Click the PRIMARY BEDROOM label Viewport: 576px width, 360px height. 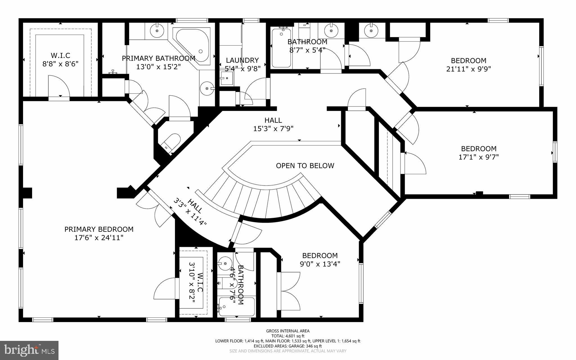click(x=99, y=229)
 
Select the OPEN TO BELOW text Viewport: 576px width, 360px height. click(x=305, y=166)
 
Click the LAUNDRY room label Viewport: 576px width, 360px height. click(x=242, y=60)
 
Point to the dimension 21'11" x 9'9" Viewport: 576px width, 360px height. click(x=469, y=69)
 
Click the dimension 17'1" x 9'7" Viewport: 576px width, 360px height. click(x=479, y=157)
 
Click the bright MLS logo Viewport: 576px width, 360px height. click(x=29, y=350)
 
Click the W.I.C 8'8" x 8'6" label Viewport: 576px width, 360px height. click(x=60, y=60)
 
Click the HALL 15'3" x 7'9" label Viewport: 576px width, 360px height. click(x=273, y=124)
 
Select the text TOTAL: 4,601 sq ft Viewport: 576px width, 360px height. click(x=288, y=336)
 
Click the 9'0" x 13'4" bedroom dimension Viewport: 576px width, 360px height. click(x=320, y=264)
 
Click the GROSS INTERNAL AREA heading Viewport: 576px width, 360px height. click(x=288, y=331)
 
